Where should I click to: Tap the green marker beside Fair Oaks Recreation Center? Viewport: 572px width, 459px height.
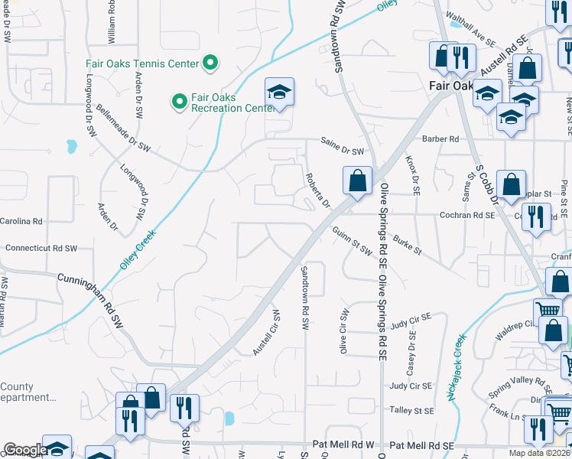point(179,101)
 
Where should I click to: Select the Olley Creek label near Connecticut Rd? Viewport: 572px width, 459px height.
point(138,249)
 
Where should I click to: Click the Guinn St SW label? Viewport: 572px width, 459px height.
point(351,241)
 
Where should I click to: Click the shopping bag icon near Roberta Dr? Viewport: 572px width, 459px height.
point(357,182)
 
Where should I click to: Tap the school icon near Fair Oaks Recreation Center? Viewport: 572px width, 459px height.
point(280,93)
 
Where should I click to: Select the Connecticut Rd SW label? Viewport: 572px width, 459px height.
point(41,249)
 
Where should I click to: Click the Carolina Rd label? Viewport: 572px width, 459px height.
point(21,221)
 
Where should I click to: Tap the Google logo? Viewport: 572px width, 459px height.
point(24,450)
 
